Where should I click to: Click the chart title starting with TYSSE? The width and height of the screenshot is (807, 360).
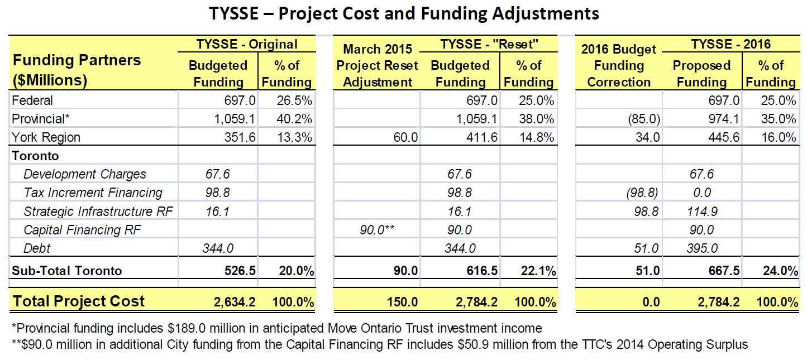[404, 13]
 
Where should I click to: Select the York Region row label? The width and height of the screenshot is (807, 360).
[46, 137]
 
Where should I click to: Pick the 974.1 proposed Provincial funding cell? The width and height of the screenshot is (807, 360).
[721, 119]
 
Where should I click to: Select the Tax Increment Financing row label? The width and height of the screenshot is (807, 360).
[93, 193]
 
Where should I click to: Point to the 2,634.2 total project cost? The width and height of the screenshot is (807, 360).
[234, 302]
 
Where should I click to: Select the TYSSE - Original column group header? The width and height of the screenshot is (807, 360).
[246, 44]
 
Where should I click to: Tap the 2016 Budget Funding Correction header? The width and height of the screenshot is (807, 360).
[619, 66]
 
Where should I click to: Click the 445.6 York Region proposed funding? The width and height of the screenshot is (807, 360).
[721, 137]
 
